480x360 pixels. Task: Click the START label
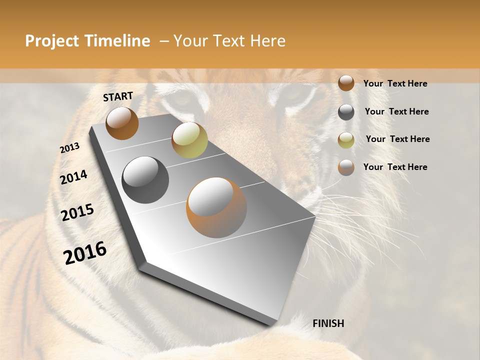(118, 96)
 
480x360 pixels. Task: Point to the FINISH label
(328, 323)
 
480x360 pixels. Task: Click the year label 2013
(70, 148)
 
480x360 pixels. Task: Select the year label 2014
(74, 177)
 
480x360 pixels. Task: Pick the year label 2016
(85, 253)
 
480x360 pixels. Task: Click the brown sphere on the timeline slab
(122, 123)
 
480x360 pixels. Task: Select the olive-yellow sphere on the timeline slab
(189, 140)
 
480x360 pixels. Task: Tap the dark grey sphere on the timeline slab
(145, 180)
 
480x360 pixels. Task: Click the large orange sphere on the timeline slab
(216, 207)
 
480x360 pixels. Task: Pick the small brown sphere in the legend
(346, 83)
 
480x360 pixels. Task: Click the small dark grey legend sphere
(346, 112)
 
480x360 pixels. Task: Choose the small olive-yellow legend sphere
(346, 140)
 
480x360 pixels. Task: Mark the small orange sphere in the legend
(346, 167)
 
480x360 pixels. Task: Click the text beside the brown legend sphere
(395, 83)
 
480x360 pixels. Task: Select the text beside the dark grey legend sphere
(396, 111)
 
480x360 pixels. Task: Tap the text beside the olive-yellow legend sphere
(397, 139)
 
